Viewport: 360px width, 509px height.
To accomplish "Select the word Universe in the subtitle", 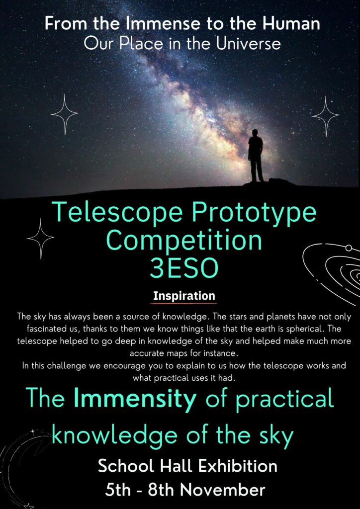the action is [248, 44].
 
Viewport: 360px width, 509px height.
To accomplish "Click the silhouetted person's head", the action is [255, 133].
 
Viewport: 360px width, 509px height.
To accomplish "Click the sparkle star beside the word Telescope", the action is [40, 239].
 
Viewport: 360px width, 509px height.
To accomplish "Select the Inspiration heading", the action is [184, 296].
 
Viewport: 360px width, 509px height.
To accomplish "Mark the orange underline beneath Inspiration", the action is [183, 304].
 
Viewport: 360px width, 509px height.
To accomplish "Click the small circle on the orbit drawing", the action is [349, 248].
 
